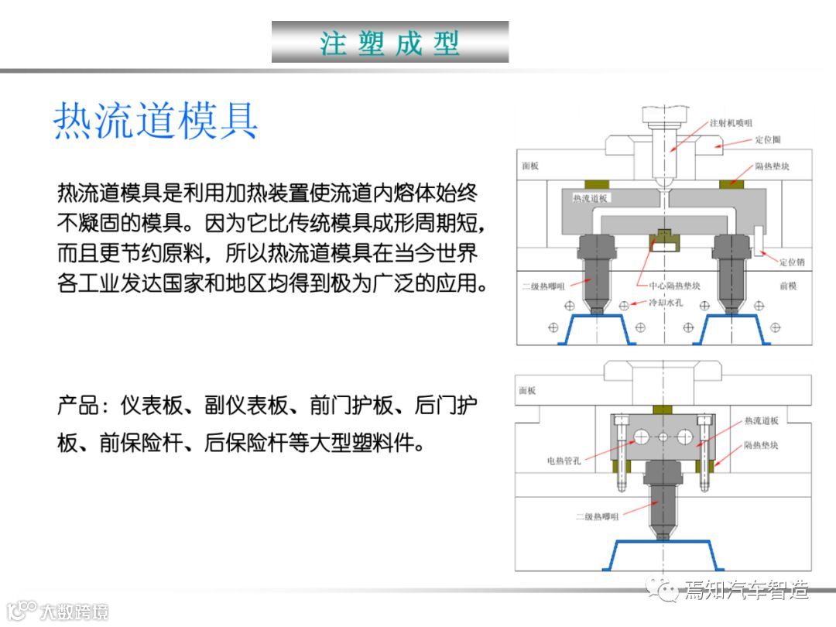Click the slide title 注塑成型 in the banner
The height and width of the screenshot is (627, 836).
click(390, 43)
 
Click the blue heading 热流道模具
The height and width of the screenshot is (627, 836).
click(155, 122)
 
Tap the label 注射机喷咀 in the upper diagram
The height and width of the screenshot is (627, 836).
click(731, 123)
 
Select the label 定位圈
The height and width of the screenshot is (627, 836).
click(768, 140)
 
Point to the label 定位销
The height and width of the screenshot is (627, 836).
click(791, 262)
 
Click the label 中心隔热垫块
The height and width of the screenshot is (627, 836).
click(672, 286)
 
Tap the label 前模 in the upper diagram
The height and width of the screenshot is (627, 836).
click(788, 286)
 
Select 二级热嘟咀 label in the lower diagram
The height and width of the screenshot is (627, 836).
click(596, 516)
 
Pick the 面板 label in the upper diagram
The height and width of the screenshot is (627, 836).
click(530, 166)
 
